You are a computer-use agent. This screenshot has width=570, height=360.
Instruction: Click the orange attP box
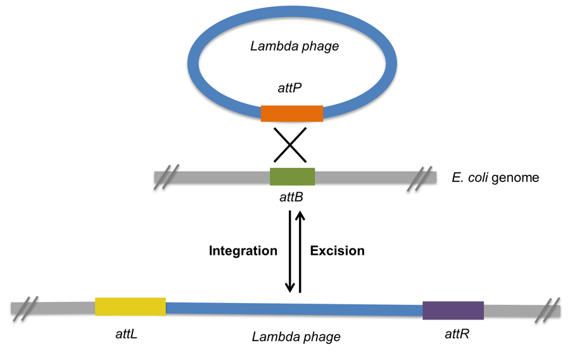tap(292, 113)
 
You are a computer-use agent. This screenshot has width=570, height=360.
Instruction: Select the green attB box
tap(292, 176)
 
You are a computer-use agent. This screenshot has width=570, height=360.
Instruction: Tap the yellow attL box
tap(130, 306)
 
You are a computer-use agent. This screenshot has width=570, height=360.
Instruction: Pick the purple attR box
tap(453, 311)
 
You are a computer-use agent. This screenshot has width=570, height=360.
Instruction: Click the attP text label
tap(292, 91)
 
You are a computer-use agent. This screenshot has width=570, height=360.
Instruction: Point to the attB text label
tap(291, 197)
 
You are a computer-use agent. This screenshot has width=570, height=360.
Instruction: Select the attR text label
tap(455, 333)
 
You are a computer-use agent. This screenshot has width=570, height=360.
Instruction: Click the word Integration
tap(243, 251)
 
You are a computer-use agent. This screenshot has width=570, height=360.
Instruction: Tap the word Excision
tap(337, 251)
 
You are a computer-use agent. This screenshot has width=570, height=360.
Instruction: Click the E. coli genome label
tap(496, 177)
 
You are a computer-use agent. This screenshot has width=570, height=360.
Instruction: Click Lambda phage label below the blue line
tap(296, 336)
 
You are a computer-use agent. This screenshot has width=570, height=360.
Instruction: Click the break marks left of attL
tap(26, 307)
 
